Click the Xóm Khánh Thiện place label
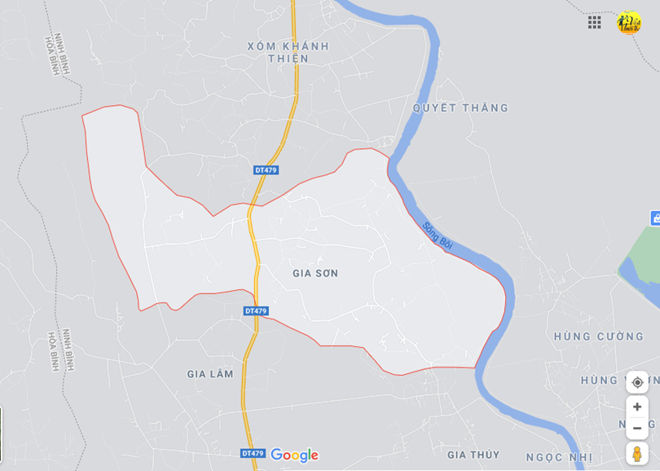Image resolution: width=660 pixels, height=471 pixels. point(288,52)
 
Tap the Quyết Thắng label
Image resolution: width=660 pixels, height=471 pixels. point(460,108)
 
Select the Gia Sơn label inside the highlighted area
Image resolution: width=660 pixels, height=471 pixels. point(315,273)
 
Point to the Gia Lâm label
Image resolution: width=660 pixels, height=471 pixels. point(210,374)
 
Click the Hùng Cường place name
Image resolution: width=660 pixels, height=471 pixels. point(599,337)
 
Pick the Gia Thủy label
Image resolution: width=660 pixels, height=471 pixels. point(473,455)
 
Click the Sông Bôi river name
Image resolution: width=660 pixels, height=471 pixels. point(436,237)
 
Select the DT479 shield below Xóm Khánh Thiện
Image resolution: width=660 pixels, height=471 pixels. point(266,170)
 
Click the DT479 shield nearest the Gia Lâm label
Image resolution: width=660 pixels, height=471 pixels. point(256,311)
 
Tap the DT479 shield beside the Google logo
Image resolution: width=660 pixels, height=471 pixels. point(253,453)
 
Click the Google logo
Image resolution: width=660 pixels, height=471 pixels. point(294,455)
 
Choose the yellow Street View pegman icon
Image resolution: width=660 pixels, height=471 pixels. point(637,453)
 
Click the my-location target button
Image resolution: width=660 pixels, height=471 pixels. point(637,382)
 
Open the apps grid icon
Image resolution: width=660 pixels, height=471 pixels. point(595,22)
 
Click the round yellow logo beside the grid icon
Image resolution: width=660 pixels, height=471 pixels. point(629,22)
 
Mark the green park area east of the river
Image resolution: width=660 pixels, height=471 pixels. point(640,266)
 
